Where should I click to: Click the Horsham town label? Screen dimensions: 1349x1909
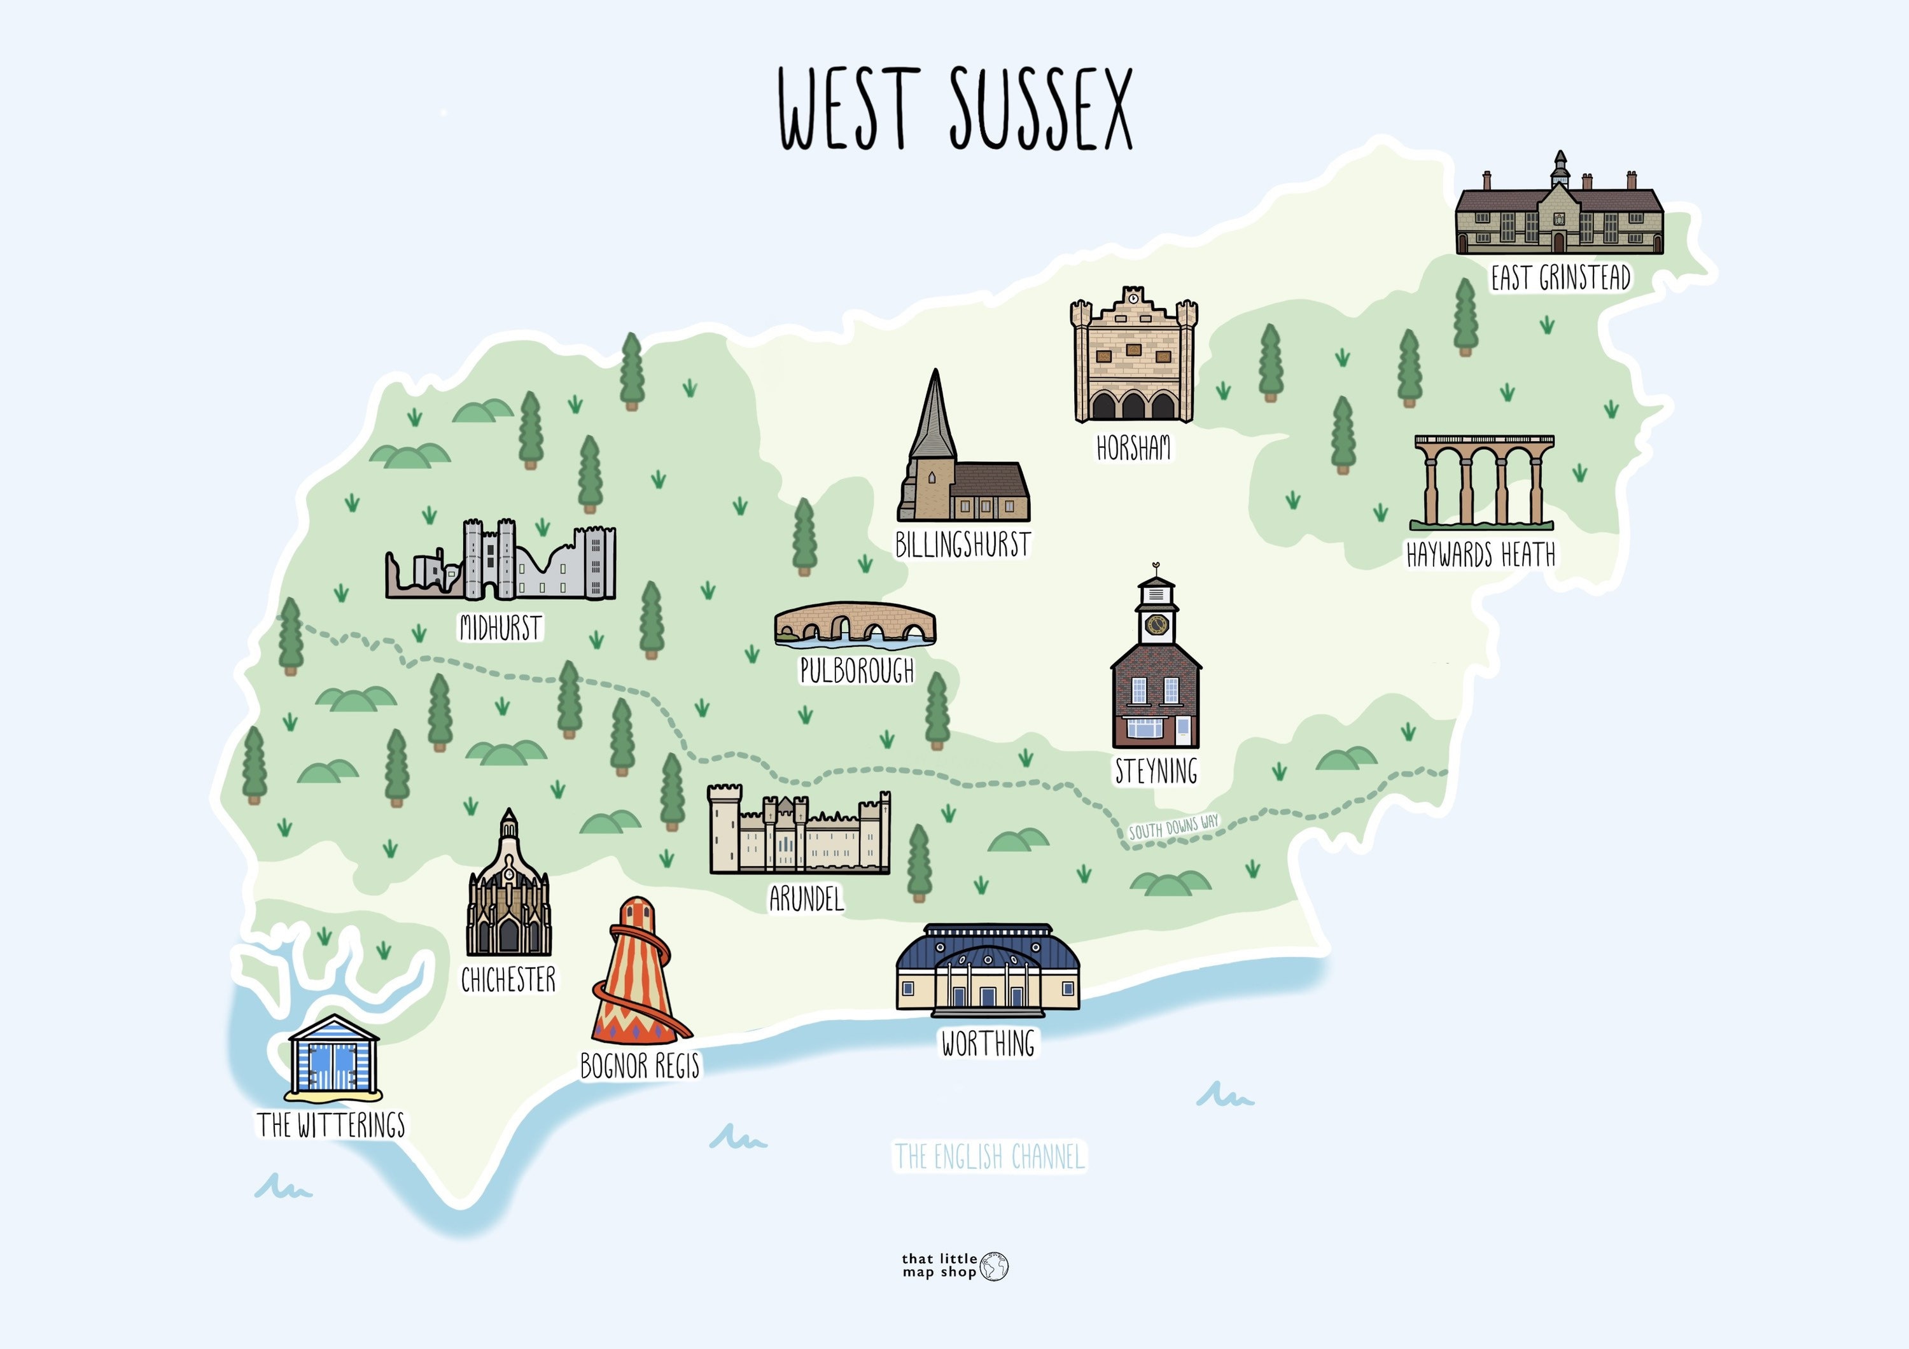click(1133, 449)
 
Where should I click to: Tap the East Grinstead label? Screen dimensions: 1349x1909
click(1560, 277)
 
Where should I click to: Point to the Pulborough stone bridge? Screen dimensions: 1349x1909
click(855, 624)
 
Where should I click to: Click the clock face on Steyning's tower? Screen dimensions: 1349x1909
click(1156, 624)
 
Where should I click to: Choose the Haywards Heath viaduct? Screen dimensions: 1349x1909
click(1483, 482)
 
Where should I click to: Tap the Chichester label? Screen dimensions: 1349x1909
click(508, 981)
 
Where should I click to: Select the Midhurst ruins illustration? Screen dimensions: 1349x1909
click(501, 561)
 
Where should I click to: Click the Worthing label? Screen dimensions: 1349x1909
click(988, 1043)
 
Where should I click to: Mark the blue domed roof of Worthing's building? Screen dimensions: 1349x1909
click(988, 947)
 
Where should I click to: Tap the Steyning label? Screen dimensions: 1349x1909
click(1156, 771)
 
